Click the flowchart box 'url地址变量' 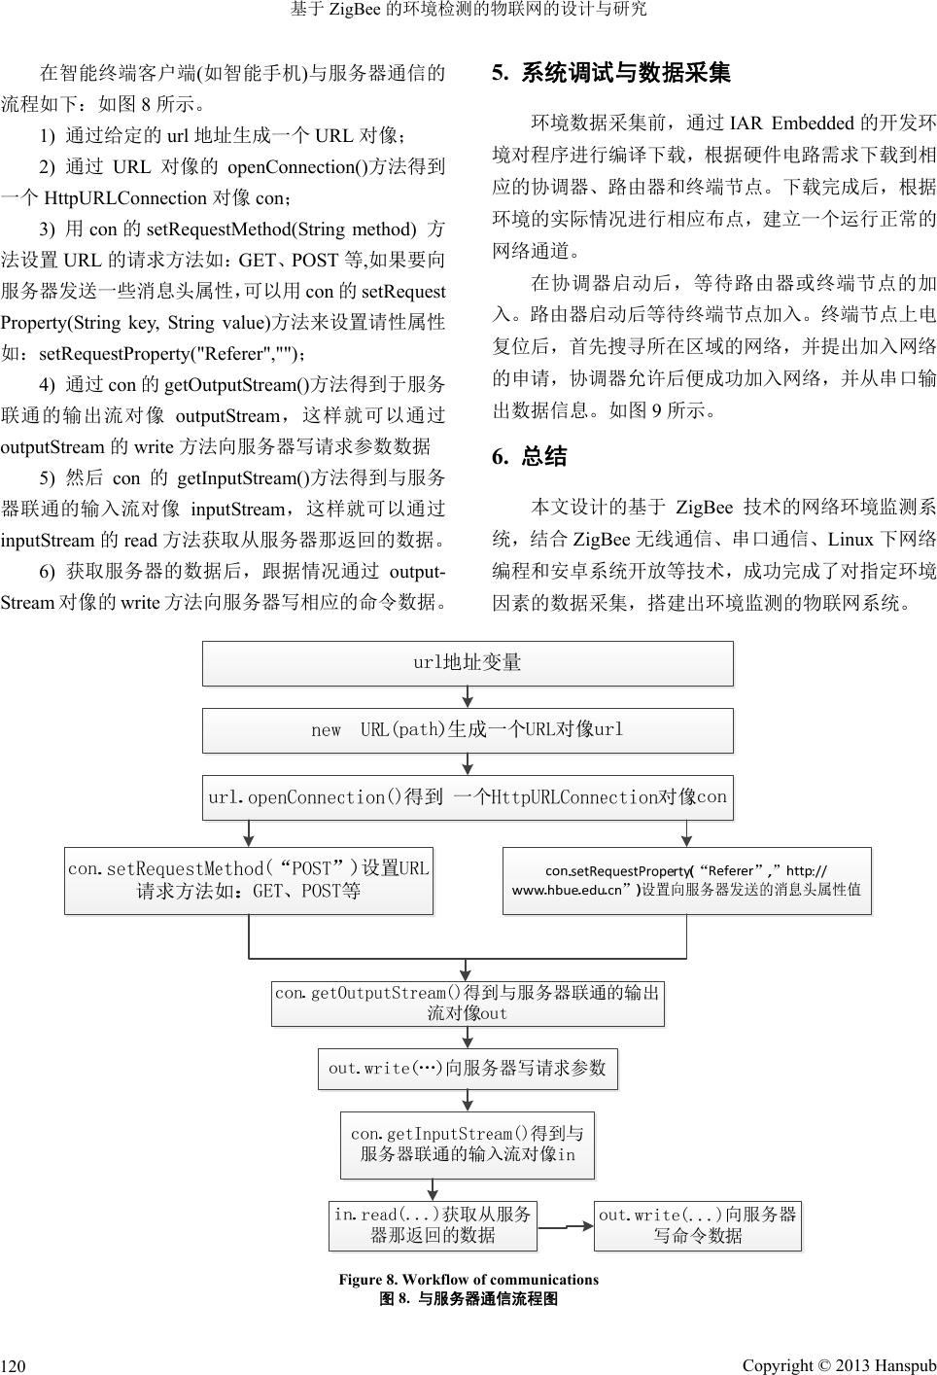(468, 663)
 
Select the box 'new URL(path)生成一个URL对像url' (468, 730)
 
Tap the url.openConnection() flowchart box (468, 797)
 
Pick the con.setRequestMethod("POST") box (249, 880)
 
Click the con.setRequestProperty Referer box (686, 880)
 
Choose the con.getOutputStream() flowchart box (468, 1003)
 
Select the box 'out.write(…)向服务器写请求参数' (468, 1068)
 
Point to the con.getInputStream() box (468, 1145)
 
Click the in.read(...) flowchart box (433, 1225)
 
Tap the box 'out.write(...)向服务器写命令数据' (698, 1225)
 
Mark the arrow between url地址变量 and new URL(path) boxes (468, 697)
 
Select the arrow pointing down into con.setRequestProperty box (686, 833)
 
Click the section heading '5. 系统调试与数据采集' (611, 73)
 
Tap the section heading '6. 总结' (530, 457)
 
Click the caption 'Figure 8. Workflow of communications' (468, 1280)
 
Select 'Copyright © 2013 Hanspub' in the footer (838, 1365)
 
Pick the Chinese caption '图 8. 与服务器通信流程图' (468, 1298)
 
